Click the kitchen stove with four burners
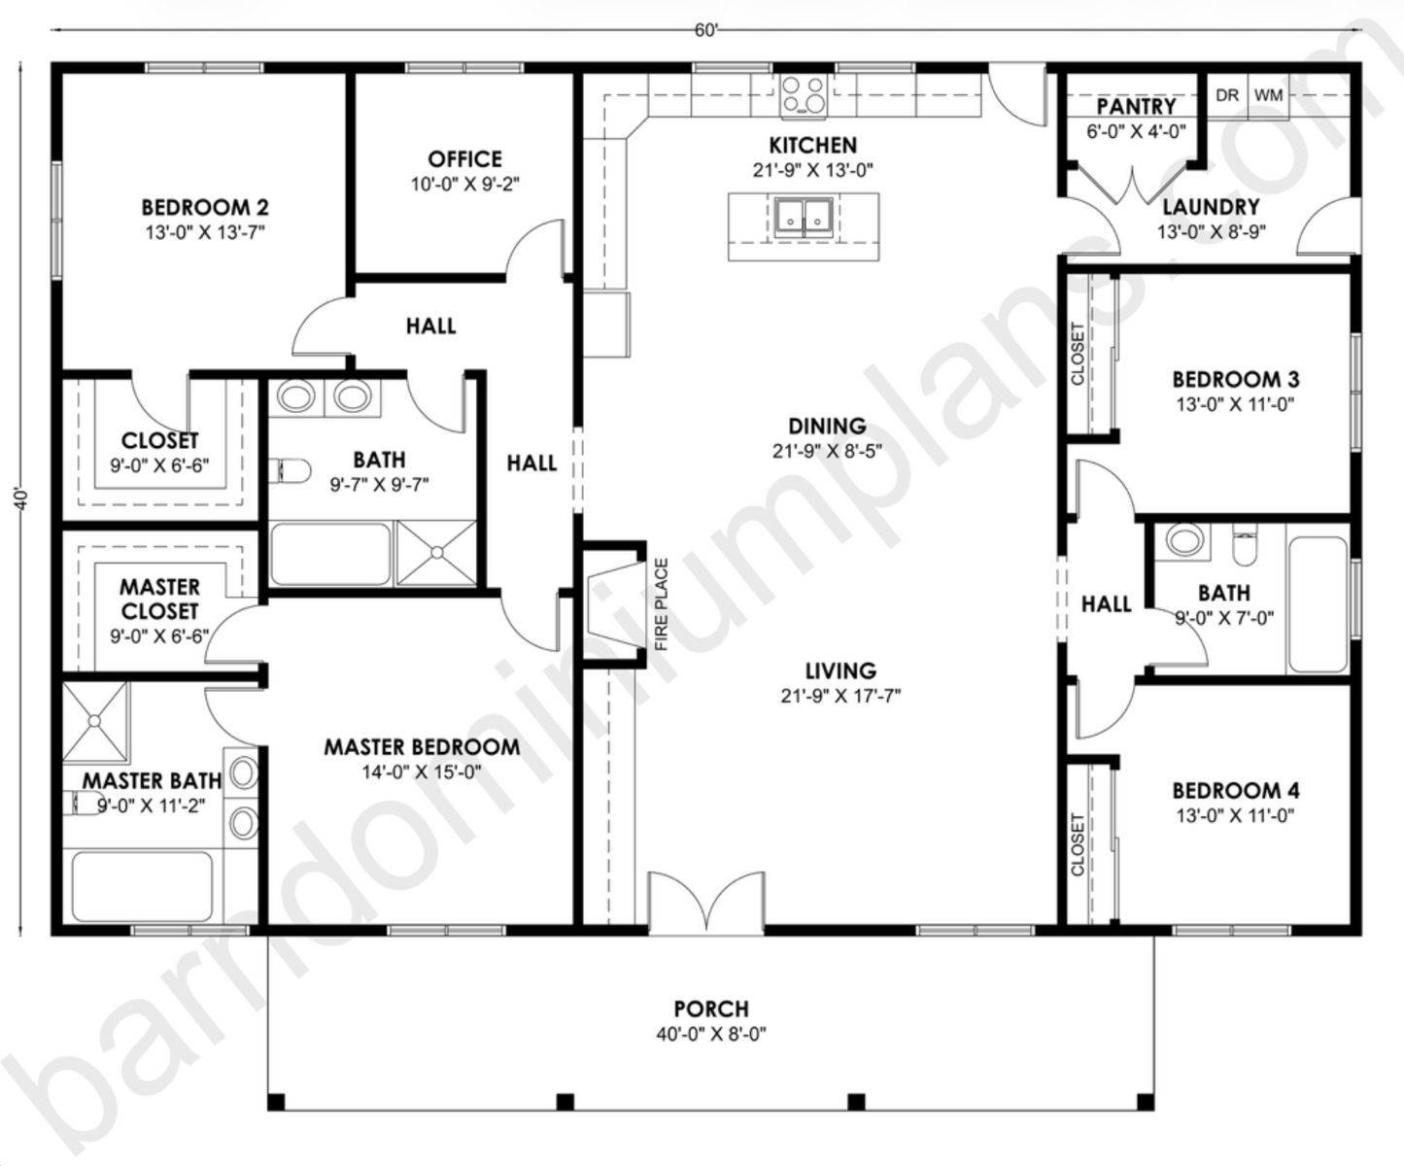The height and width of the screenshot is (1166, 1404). (x=804, y=95)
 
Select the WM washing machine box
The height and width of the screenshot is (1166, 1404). (x=1268, y=95)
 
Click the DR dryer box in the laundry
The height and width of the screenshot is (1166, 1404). (x=1227, y=95)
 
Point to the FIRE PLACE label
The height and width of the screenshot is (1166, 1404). (x=662, y=604)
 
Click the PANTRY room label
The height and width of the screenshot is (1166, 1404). (x=1136, y=106)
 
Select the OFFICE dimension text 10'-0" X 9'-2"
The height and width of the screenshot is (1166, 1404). (x=464, y=184)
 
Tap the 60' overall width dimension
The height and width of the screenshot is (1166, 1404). (x=706, y=31)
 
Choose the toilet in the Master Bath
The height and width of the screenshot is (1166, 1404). (x=85, y=803)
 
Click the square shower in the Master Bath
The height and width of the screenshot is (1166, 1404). (x=95, y=720)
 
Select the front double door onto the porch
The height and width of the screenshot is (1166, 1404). (x=706, y=904)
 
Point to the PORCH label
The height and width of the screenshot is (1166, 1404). (x=711, y=1010)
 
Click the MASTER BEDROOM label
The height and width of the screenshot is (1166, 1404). (x=422, y=747)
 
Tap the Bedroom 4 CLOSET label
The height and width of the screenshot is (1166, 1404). (x=1078, y=844)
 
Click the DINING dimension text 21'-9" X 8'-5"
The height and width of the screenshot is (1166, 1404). (x=827, y=451)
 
